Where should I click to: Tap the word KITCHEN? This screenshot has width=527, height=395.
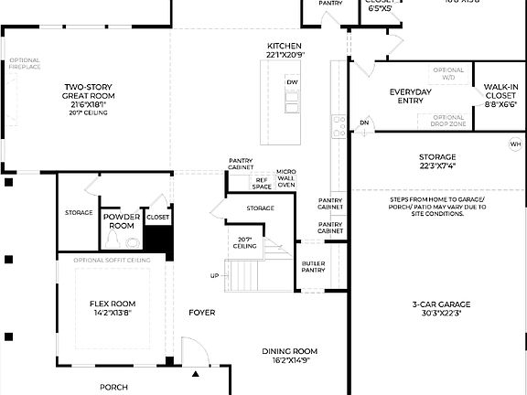pos(285,46)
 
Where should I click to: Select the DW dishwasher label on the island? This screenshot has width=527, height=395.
pos(292,82)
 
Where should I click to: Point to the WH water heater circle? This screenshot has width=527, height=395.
pos(514,144)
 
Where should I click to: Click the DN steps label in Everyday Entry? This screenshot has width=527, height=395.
pos(363,123)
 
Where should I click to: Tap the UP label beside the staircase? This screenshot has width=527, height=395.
pos(215,275)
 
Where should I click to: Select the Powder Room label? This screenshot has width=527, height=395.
pos(122,221)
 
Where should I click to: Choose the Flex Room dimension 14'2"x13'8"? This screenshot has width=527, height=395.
pos(112,312)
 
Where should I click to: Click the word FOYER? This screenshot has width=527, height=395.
pos(202,313)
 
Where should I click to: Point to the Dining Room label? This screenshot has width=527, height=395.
pos(289,351)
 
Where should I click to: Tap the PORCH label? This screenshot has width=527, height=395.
pos(113,387)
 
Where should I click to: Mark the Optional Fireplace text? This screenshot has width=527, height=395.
pos(26,64)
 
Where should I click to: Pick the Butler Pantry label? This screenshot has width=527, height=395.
pos(314,266)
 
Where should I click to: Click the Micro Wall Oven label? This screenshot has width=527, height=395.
pos(286,178)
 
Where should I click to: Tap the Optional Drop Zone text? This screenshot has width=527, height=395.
pos(448,120)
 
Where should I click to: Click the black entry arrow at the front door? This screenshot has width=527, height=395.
pos(195,373)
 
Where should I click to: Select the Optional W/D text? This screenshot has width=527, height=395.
pos(448,73)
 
